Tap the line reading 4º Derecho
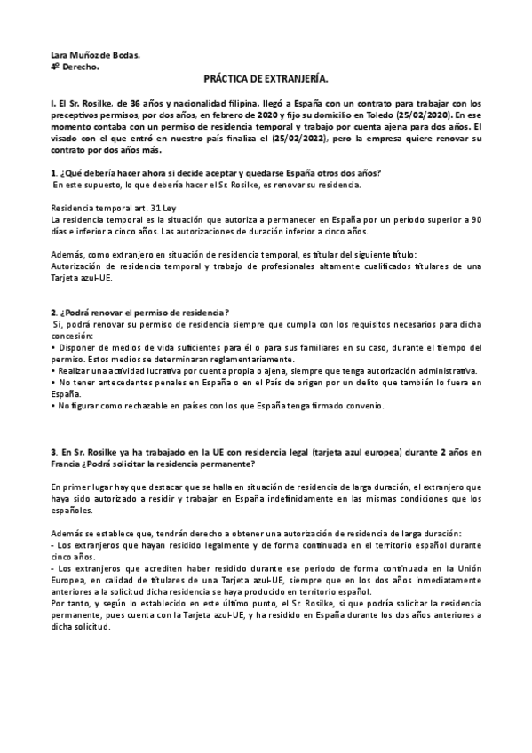click(x=75, y=67)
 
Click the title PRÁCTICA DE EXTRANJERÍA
click(x=266, y=79)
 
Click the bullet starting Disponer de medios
click(x=266, y=346)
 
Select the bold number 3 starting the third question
click(x=54, y=452)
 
